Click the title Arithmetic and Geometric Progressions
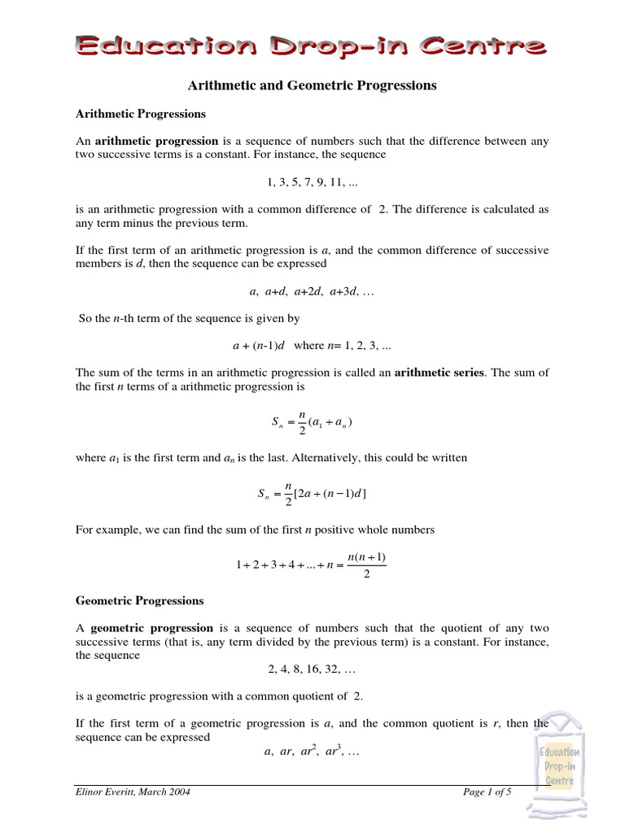312,85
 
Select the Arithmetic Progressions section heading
141,113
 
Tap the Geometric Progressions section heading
140,601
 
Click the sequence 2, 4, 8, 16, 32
312,669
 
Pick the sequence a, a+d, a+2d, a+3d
312,291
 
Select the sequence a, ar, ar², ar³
312,752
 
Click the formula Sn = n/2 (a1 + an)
312,422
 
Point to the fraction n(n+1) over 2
366,565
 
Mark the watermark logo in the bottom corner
559,765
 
